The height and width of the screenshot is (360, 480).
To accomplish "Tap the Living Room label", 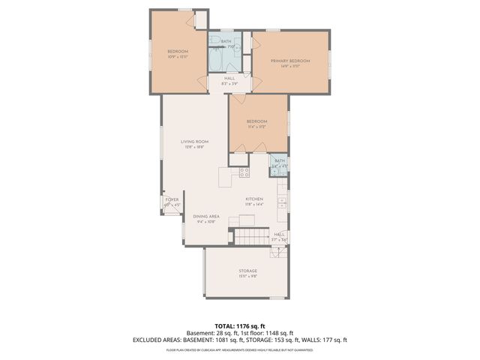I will click(194, 141).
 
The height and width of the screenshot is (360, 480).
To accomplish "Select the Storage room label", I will click(248, 271).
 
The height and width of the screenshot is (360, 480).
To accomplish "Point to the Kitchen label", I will click(255, 199).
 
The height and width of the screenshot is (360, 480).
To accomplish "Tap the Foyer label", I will click(172, 199).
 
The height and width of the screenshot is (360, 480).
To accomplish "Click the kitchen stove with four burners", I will click(244, 172).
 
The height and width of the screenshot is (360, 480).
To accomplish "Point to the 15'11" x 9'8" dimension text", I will click(248, 277).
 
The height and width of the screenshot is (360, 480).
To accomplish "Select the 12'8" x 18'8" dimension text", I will click(194, 147).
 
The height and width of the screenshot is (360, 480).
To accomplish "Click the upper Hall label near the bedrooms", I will click(229, 78).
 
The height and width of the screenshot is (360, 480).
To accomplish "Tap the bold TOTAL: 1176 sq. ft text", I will click(239, 325).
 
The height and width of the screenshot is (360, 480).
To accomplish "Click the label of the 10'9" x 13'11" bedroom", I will click(178, 51).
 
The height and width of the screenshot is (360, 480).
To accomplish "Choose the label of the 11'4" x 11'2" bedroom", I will click(257, 121).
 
